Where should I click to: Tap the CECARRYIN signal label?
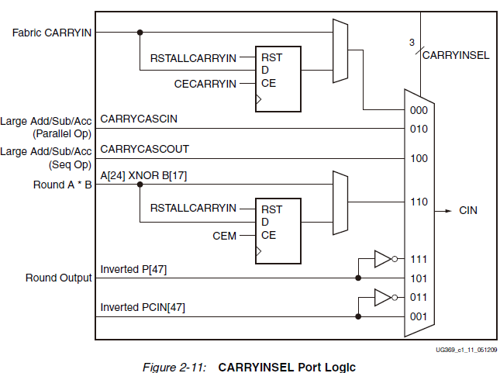(205, 83)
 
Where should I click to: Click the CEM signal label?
(225, 235)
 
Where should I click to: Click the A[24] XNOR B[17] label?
(143, 176)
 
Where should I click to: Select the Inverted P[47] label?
(133, 269)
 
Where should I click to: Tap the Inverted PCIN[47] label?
(143, 308)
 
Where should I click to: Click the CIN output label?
(469, 210)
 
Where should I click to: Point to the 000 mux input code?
(419, 110)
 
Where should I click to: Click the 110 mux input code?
(419, 202)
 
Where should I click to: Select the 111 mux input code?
(419, 259)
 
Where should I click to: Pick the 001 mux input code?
(419, 316)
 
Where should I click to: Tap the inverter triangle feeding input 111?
(383, 259)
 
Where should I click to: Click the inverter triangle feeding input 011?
(383, 297)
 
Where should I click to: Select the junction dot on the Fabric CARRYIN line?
(140, 33)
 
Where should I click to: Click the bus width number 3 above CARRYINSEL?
(412, 43)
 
